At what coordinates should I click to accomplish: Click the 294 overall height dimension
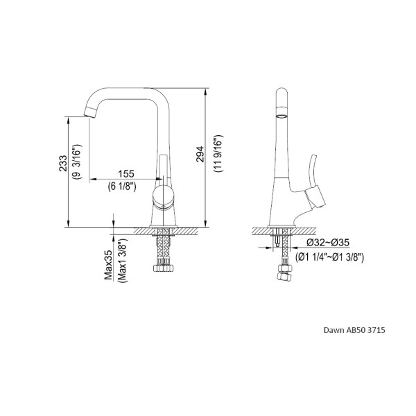(x=200, y=154)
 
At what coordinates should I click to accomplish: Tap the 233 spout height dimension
(x=63, y=163)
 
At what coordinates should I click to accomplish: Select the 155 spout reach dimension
(x=126, y=174)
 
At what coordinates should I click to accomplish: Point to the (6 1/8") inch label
(x=122, y=187)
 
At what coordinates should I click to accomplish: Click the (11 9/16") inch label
(x=218, y=154)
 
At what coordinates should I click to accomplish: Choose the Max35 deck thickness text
(x=108, y=265)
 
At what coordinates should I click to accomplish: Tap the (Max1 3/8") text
(x=123, y=260)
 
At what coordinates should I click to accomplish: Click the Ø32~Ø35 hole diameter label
(x=328, y=242)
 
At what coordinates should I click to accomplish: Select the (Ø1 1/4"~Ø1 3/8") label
(x=330, y=257)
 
